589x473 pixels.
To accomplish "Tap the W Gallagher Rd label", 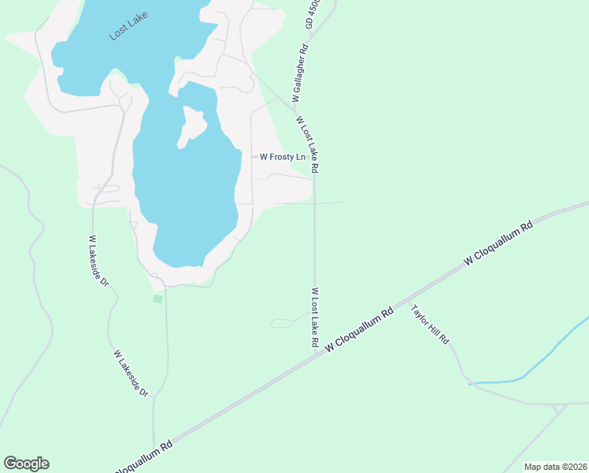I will coord(300,73).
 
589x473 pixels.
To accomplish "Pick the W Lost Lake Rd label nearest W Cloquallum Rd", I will coord(313,318).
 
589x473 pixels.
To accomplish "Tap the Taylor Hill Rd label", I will coord(430,323).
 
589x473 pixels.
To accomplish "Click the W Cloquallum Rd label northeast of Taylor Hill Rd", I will coord(499,242).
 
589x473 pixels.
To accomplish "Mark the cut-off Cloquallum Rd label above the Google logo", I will coord(144,456).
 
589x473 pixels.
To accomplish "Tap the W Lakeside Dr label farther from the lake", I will coord(132,373).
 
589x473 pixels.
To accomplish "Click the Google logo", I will coord(26,464).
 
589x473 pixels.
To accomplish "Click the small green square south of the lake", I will coord(157,299).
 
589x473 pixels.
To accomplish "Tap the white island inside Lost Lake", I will coord(191,125).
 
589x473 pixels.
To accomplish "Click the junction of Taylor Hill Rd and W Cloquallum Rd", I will coord(409,304).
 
